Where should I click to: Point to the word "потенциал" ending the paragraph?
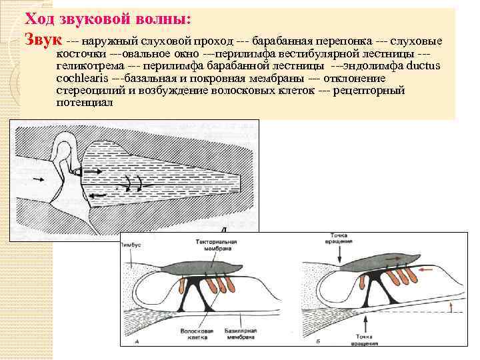point(85,103)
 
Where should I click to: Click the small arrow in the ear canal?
point(35,181)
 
